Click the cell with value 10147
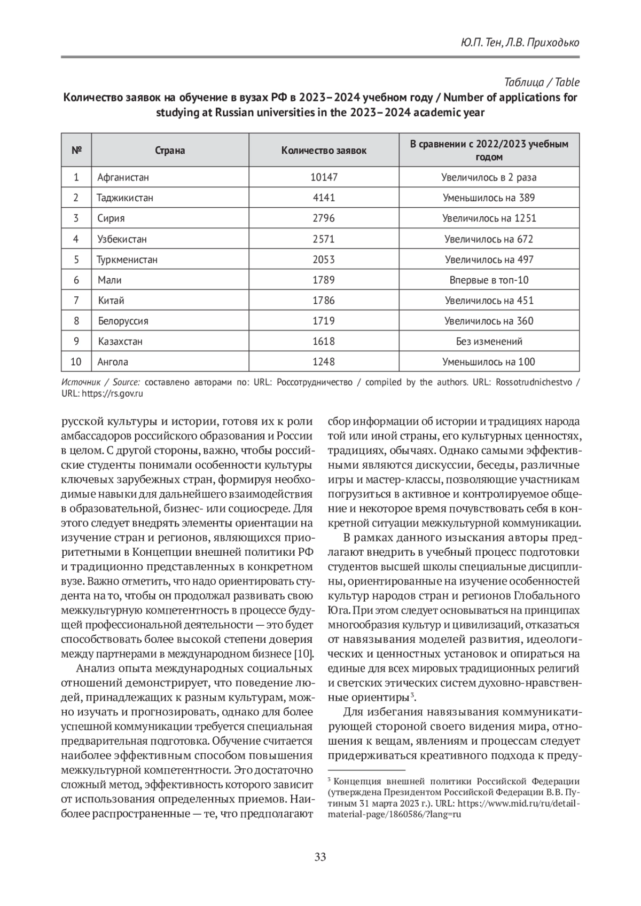click(x=324, y=177)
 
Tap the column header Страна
click(x=170, y=151)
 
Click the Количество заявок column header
click(x=324, y=151)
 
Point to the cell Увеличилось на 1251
click(x=489, y=218)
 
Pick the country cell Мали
click(x=110, y=280)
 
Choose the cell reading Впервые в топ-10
click(x=489, y=280)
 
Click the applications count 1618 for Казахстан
click(x=324, y=341)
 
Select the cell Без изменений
click(x=489, y=341)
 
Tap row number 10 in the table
click(x=76, y=362)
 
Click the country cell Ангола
click(x=113, y=362)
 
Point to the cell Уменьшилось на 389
click(x=489, y=198)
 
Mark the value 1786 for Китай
click(x=324, y=301)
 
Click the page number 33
click(x=320, y=857)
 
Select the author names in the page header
click(x=519, y=43)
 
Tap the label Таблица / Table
click(x=542, y=82)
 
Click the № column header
click(x=76, y=151)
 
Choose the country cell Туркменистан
click(x=127, y=259)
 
